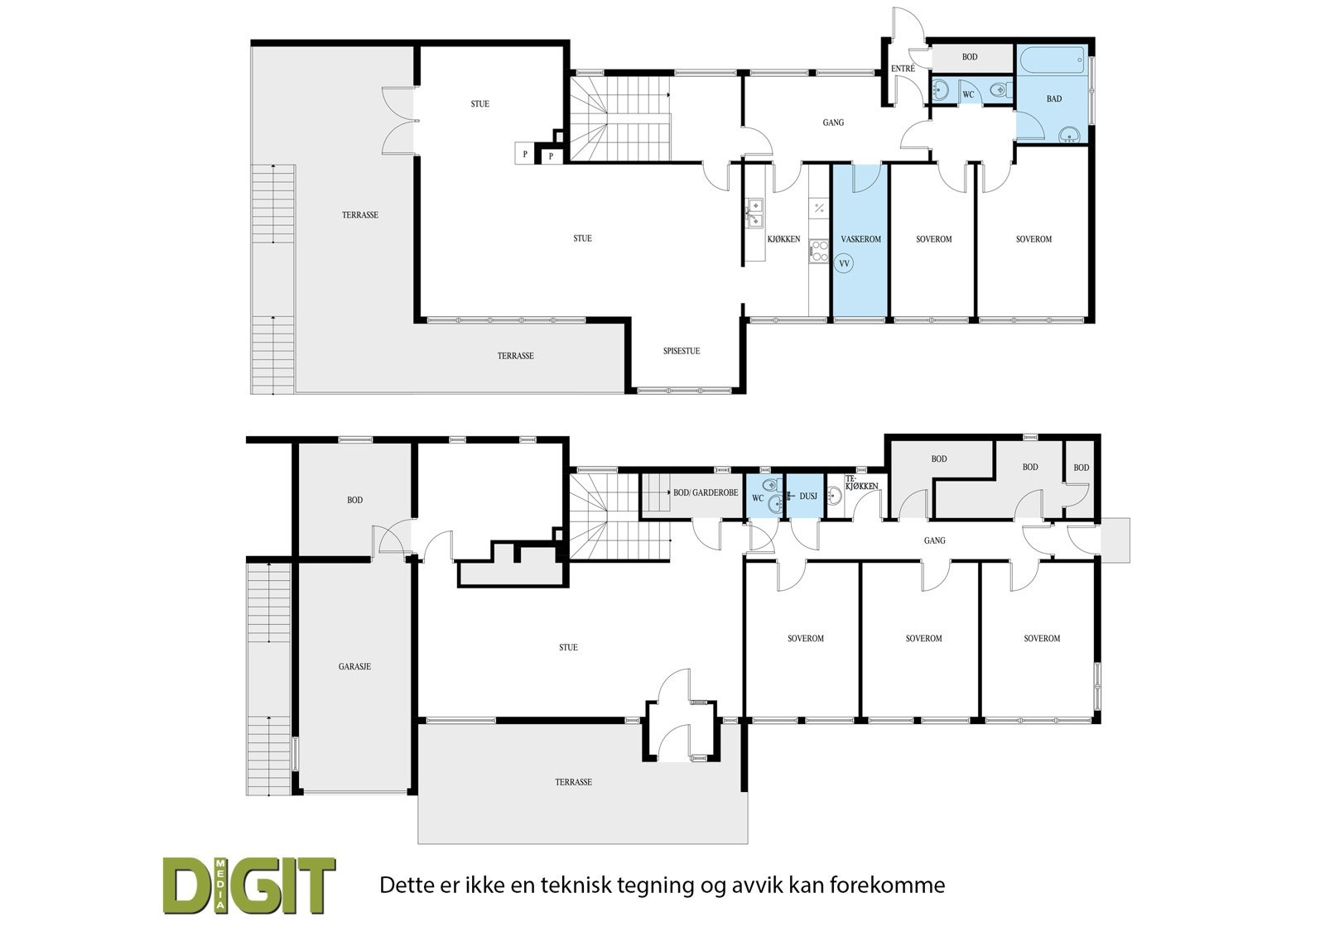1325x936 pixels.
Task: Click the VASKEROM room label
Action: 860,239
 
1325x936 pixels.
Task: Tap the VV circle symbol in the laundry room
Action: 845,264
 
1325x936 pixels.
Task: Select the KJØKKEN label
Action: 783,239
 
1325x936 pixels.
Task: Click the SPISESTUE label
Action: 682,351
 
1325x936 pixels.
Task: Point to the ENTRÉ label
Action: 903,68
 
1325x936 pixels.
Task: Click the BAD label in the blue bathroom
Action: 1053,99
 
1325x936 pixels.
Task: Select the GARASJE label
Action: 354,666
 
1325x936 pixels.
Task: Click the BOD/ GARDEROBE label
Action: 706,492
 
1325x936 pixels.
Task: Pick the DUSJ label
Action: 808,497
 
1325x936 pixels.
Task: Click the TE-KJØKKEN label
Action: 861,483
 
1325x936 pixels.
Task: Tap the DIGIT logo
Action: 248,886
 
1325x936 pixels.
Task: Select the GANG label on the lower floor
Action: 934,541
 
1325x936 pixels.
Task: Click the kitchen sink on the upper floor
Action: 755,214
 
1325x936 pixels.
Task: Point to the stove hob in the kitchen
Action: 819,251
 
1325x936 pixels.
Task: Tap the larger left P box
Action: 524,154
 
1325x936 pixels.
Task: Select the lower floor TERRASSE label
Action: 573,782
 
